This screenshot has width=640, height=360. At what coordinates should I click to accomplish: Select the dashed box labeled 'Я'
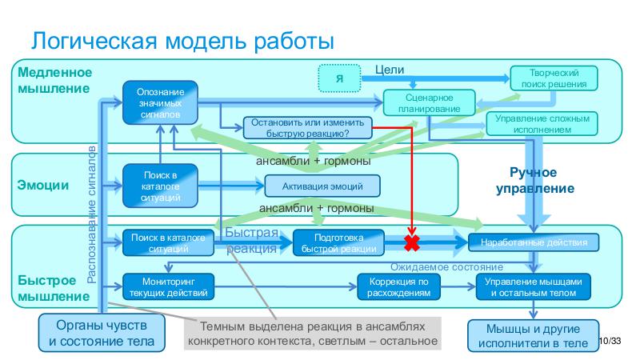tap(340, 78)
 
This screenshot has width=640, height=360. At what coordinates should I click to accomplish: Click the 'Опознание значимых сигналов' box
tap(160, 102)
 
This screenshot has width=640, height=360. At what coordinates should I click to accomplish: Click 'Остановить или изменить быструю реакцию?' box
tap(307, 128)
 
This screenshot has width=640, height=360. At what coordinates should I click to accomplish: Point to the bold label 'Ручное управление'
tap(535, 181)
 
